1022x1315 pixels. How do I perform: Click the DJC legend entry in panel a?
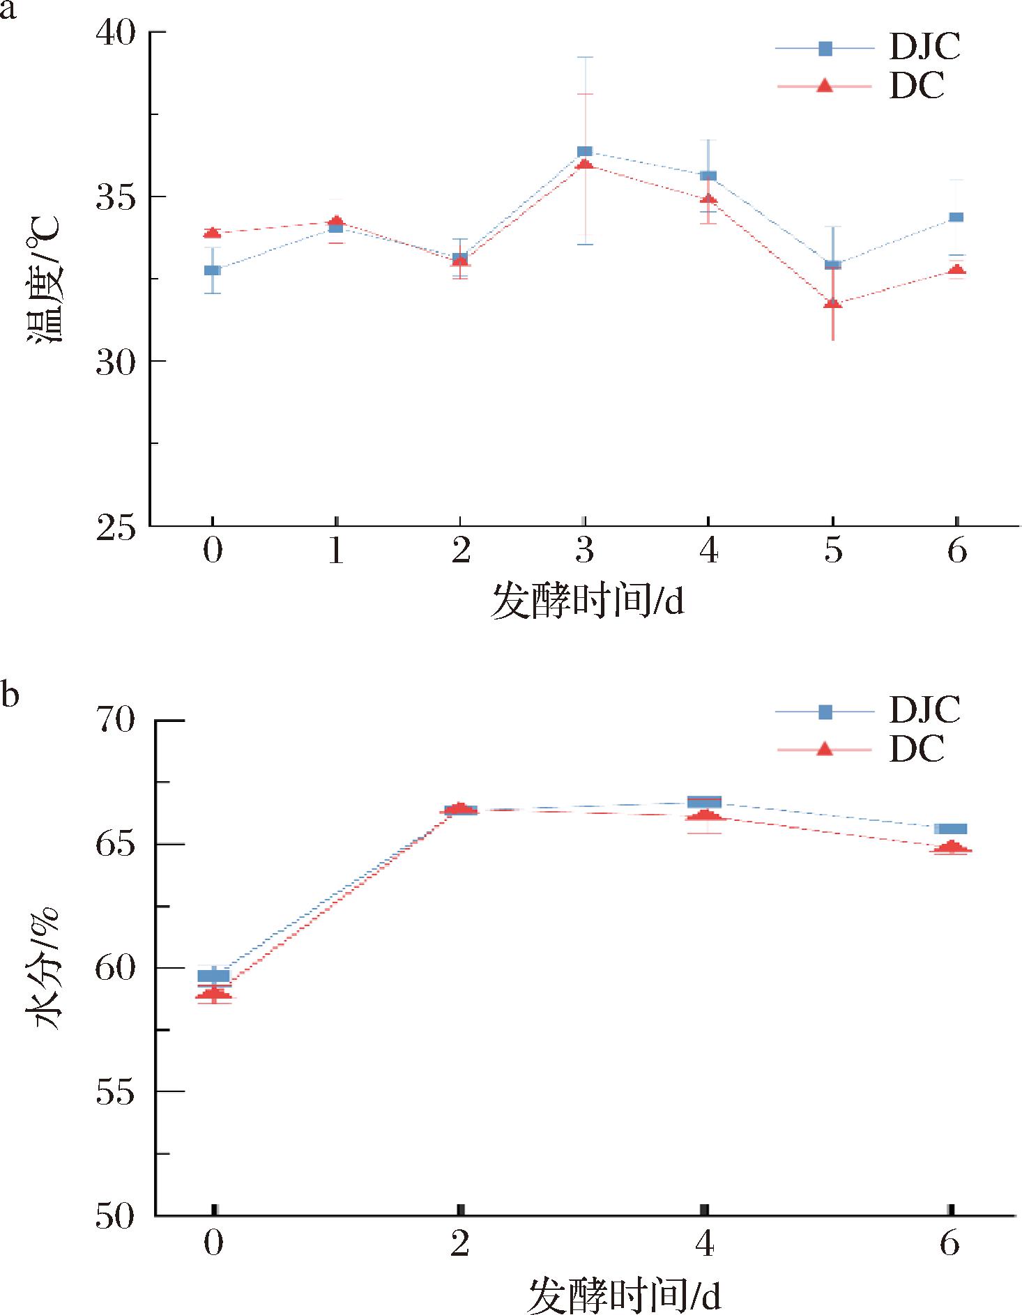pyautogui.click(x=924, y=47)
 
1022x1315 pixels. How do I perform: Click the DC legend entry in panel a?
pyautogui.click(x=916, y=86)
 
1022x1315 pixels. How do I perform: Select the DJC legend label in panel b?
pyautogui.click(x=924, y=710)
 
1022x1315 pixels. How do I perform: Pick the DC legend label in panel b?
pyautogui.click(x=916, y=749)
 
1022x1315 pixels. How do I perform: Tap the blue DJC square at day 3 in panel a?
pyautogui.click(x=584, y=152)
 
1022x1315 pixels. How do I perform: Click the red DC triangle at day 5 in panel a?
pyautogui.click(x=832, y=303)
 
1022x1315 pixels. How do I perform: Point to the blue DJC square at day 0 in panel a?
pyautogui.click(x=213, y=270)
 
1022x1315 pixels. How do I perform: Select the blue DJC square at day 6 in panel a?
pyautogui.click(x=957, y=217)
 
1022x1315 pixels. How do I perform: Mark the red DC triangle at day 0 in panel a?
pyautogui.click(x=213, y=233)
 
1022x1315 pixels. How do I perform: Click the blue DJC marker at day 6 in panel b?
pyautogui.click(x=951, y=829)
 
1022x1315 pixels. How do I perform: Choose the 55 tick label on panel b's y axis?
pyautogui.click(x=115, y=1093)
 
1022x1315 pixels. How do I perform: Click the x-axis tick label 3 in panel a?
pyautogui.click(x=584, y=551)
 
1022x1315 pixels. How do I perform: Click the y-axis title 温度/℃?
pyautogui.click(x=45, y=279)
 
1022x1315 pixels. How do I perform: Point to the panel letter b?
pyautogui.click(x=9, y=694)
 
